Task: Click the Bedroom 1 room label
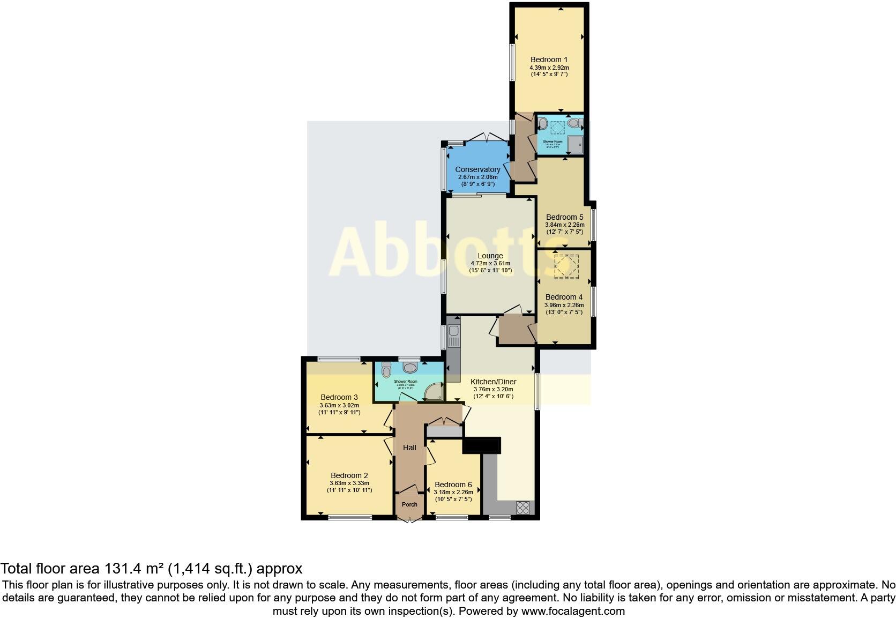[549, 59]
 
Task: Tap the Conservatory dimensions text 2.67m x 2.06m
[477, 177]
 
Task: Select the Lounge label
[490, 256]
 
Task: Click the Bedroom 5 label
[564, 217]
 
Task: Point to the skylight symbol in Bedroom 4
[566, 266]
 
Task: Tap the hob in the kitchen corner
[522, 507]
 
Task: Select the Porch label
[409, 504]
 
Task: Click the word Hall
[409, 448]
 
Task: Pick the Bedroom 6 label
[453, 485]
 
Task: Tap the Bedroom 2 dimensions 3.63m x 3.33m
[349, 483]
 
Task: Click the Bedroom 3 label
[339, 397]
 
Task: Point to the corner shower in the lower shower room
[434, 393]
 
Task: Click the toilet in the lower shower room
[386, 369]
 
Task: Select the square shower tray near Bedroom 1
[576, 144]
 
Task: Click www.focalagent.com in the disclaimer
[573, 611]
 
